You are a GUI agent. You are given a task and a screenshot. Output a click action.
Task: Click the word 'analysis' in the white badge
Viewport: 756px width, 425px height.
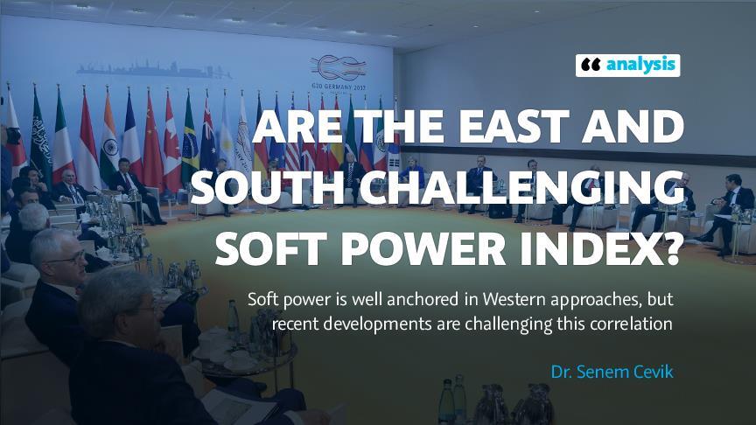pyautogui.click(x=640, y=65)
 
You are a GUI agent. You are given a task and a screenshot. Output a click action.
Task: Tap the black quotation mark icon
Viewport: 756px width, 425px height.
pyautogui.click(x=590, y=65)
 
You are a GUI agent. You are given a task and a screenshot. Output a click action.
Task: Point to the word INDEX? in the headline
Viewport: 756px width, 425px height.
pyautogui.click(x=599, y=248)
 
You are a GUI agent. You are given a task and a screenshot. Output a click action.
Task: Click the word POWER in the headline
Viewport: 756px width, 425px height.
pyautogui.click(x=423, y=248)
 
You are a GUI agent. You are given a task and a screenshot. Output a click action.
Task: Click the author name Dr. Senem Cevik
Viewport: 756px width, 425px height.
pyautogui.click(x=612, y=372)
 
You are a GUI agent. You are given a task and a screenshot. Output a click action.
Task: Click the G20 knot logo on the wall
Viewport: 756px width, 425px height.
pyautogui.click(x=339, y=68)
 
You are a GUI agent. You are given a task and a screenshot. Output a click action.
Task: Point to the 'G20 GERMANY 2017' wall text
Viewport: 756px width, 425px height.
pyautogui.click(x=339, y=87)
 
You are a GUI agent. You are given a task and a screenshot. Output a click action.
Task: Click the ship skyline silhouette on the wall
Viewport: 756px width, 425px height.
pyautogui.click(x=154, y=69)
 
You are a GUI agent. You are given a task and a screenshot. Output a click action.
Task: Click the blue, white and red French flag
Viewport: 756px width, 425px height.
pyautogui.click(x=131, y=135)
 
